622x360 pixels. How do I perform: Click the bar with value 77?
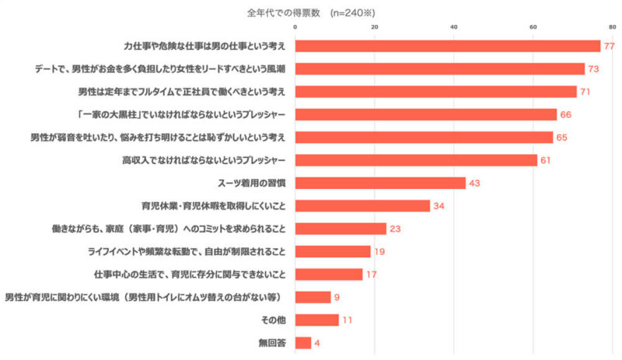pos(448,46)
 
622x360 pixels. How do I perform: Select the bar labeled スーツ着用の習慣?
pos(380,183)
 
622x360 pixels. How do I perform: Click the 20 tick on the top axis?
pos(375,28)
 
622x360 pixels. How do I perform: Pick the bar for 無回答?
pos(303,342)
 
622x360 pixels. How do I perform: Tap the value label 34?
pos(439,206)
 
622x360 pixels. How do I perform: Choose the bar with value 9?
pos(313,297)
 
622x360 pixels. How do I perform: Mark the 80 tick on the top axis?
pos(613,28)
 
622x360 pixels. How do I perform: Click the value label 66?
pos(566,115)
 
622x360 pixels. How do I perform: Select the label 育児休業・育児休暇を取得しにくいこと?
pos(214,206)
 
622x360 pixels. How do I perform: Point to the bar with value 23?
pos(341,229)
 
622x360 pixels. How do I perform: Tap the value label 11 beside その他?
pos(348,320)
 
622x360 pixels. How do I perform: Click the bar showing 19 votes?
pos(333,251)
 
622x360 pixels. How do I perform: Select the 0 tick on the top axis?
pos(295,28)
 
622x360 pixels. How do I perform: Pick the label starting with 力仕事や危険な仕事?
pos(205,46)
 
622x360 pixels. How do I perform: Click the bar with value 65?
pos(424,138)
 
